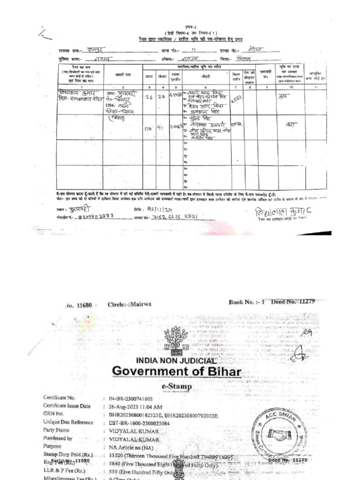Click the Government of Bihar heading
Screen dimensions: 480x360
click(176, 372)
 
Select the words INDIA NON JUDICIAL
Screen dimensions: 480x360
click(176, 361)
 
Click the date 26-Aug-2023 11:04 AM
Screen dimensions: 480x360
click(136, 406)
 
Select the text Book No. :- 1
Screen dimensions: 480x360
click(247, 302)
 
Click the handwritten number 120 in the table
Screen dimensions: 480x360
click(149, 127)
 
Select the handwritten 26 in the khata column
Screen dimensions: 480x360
click(149, 97)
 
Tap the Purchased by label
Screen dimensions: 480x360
click(58, 438)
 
